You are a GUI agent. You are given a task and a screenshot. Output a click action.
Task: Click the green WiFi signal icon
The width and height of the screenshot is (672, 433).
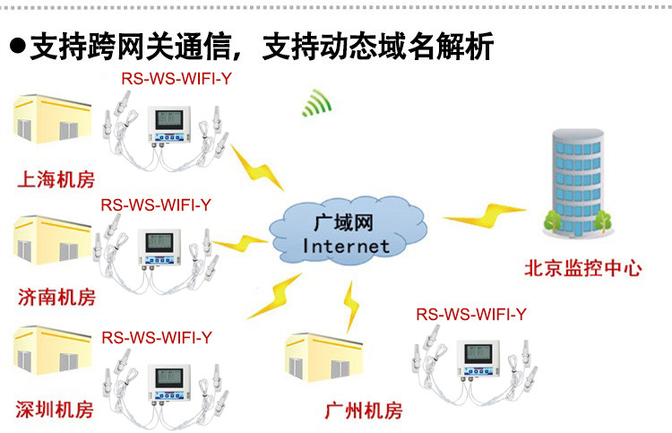pyautogui.click(x=315, y=105)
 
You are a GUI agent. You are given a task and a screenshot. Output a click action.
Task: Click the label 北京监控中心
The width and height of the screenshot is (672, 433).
pyautogui.click(x=582, y=267)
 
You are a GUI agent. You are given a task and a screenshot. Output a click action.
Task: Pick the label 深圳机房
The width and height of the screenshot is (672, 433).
pyautogui.click(x=56, y=410)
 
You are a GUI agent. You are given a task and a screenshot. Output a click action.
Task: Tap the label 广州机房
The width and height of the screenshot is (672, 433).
pyautogui.click(x=363, y=411)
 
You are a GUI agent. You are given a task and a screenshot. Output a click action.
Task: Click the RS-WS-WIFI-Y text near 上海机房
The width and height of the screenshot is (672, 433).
pyautogui.click(x=177, y=78)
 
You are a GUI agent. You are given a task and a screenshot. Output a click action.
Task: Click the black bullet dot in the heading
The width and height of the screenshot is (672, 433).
pyautogui.click(x=16, y=46)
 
